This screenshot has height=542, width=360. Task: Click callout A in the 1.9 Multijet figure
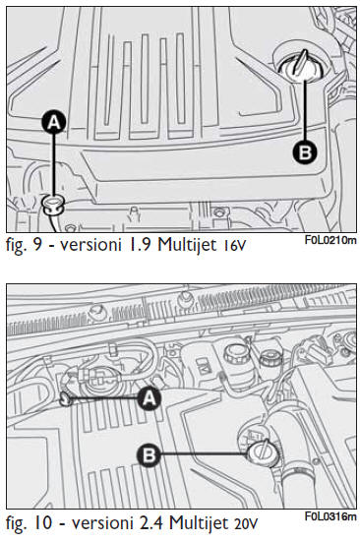[x=54, y=122]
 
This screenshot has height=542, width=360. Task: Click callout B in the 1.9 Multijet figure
[x=305, y=151]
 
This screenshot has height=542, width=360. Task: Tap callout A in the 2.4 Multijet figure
[x=149, y=398]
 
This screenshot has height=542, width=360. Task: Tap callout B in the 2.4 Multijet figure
[x=150, y=454]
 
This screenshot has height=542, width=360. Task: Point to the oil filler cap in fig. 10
[x=263, y=452]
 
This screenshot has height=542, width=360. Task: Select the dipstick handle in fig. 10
[x=65, y=399]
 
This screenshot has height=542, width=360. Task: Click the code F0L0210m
[x=330, y=240]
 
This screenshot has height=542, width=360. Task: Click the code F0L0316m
[x=330, y=516]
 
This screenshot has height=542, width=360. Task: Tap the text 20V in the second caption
[x=246, y=524]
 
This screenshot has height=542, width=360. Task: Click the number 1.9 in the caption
[x=141, y=244]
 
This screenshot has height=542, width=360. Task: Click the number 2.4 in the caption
[x=150, y=523]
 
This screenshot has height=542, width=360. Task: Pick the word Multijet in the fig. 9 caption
[x=187, y=245]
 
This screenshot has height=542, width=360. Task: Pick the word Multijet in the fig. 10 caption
[x=199, y=523]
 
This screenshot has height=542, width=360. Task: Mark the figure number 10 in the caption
[x=42, y=523]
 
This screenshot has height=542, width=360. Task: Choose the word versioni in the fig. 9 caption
[x=91, y=244]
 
